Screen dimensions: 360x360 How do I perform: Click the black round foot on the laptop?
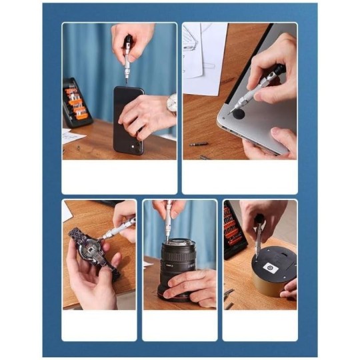(238, 115)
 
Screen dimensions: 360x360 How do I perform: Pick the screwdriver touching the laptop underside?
(257, 90)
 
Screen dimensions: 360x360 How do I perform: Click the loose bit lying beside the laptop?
(199, 143)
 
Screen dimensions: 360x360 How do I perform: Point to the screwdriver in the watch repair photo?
(117, 229)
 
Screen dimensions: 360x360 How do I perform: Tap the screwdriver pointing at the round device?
(258, 237)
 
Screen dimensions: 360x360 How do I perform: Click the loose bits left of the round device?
(229, 297)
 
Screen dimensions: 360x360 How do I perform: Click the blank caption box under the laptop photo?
(239, 177)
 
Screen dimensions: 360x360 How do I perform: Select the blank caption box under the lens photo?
(179, 325)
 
